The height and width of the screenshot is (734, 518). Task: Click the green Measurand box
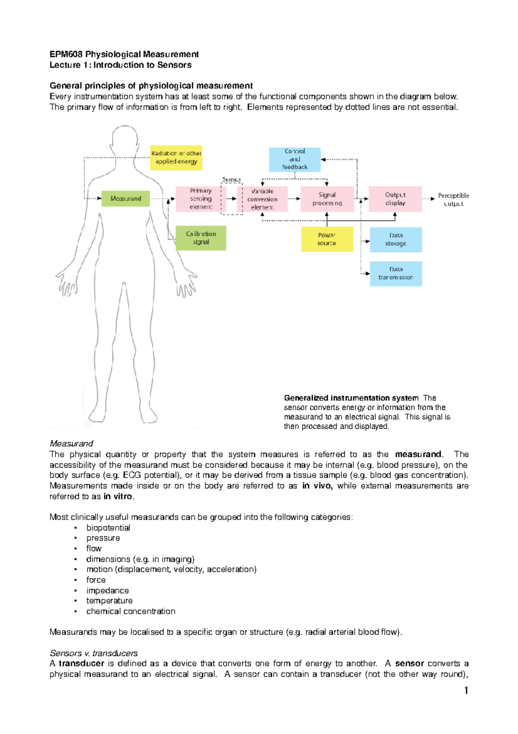pyautogui.click(x=126, y=198)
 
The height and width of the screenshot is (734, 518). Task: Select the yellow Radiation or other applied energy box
pyautogui.click(x=176, y=157)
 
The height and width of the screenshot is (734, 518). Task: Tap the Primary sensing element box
pyautogui.click(x=201, y=199)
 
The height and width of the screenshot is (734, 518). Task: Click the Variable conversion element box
pyautogui.click(x=262, y=199)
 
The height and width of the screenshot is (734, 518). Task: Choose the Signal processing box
pyautogui.click(x=327, y=199)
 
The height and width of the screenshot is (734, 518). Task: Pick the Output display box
pyautogui.click(x=395, y=199)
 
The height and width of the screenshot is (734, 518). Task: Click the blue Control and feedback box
pyautogui.click(x=295, y=159)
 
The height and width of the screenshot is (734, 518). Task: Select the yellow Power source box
pyautogui.click(x=327, y=239)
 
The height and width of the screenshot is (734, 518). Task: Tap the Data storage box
pyautogui.click(x=395, y=239)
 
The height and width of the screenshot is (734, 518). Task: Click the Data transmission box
pyautogui.click(x=395, y=273)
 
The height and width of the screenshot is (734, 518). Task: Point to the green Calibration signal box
pyautogui.click(x=201, y=238)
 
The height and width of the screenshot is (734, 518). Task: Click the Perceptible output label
pyautogui.click(x=453, y=199)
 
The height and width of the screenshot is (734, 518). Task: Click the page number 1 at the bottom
pyautogui.click(x=466, y=690)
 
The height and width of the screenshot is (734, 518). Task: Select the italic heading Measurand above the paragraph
pyautogui.click(x=71, y=444)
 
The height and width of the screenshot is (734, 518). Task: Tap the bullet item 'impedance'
pyautogui.click(x=107, y=590)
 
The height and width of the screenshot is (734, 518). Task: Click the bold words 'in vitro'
pyautogui.click(x=118, y=496)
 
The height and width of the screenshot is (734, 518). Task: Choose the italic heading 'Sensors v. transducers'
pyautogui.click(x=94, y=653)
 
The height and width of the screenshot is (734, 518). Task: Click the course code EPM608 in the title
pyautogui.click(x=66, y=54)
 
